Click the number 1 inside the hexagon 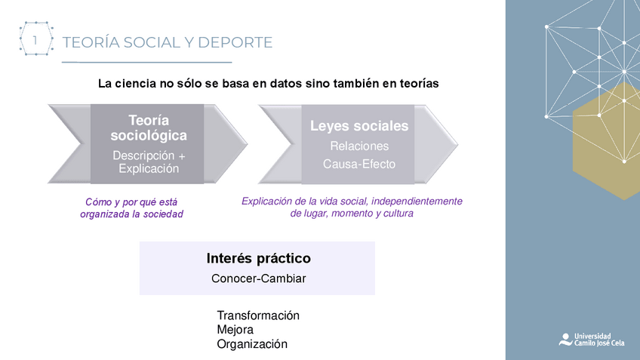pyautogui.click(x=35, y=39)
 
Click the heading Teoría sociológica pyautogui.click(x=149, y=128)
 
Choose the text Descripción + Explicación pyautogui.click(x=149, y=162)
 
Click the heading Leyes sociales pyautogui.click(x=359, y=126)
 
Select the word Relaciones pyautogui.click(x=359, y=146)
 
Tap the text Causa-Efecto pyautogui.click(x=359, y=164)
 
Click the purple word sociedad pyautogui.click(x=165, y=214)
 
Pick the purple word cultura pyautogui.click(x=397, y=214)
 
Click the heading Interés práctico pyautogui.click(x=258, y=258)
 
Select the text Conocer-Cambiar pyautogui.click(x=258, y=278)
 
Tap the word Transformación pyautogui.click(x=258, y=315)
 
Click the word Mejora pyautogui.click(x=235, y=330)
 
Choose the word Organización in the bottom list pyautogui.click(x=252, y=344)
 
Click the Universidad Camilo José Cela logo pyautogui.click(x=586, y=339)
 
